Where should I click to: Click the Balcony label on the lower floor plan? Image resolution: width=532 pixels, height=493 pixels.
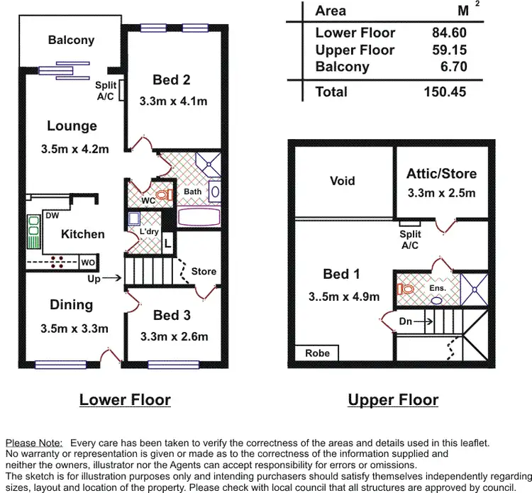click(71, 40)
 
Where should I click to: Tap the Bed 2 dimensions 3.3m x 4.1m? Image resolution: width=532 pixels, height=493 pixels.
click(174, 101)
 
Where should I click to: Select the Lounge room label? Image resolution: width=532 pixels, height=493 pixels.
click(72, 126)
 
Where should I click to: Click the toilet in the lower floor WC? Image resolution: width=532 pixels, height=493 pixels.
click(164, 194)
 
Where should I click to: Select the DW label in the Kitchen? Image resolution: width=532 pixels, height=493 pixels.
click(52, 216)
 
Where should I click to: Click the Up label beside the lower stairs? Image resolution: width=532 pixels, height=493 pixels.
click(94, 279)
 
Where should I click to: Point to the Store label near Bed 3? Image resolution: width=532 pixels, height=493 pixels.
click(204, 271)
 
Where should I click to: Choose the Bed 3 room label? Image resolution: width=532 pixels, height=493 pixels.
click(172, 316)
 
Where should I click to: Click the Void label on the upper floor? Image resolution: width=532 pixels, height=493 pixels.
click(342, 181)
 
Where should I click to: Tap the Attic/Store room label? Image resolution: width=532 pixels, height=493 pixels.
click(441, 174)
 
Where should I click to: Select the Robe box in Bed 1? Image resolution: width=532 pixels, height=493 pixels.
click(317, 353)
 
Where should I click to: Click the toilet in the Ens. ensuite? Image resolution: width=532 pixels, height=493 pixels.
click(406, 289)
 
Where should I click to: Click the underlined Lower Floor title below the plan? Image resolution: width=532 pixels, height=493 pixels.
click(125, 400)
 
